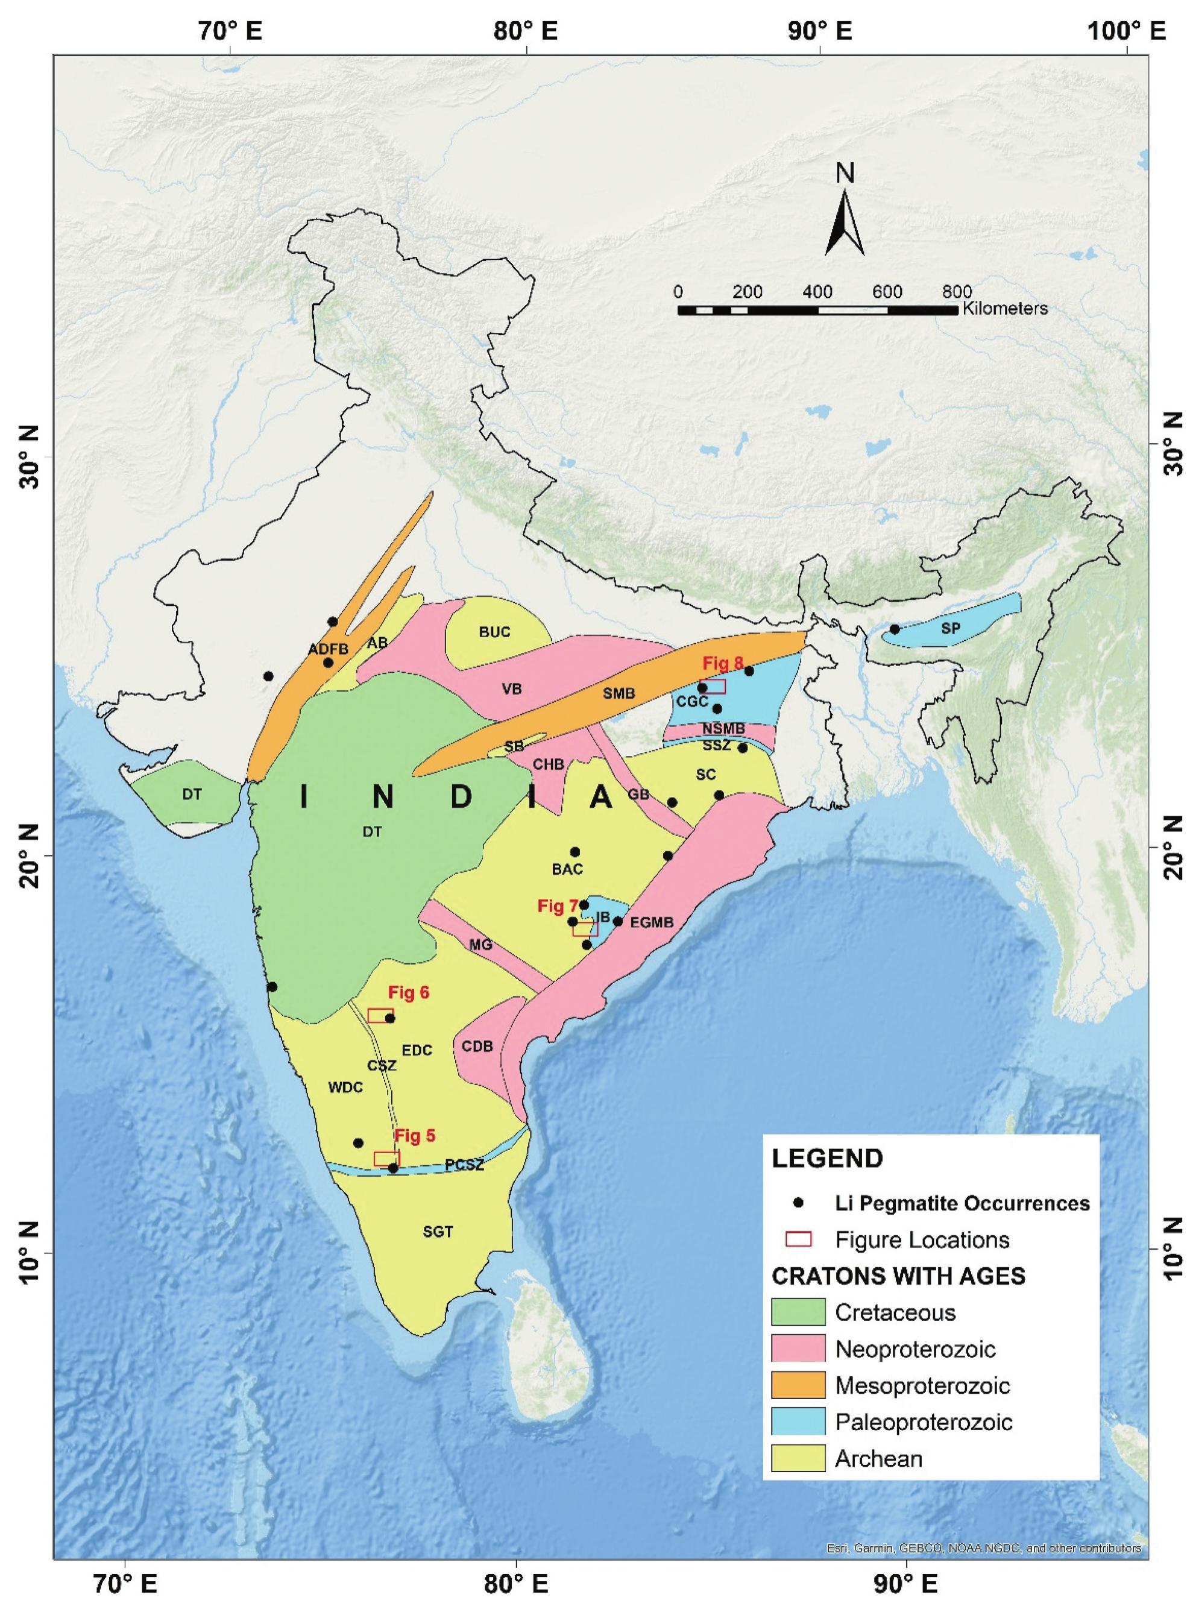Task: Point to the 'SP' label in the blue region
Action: pos(950,628)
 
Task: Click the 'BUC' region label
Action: pos(494,632)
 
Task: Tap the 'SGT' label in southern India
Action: pos(438,1232)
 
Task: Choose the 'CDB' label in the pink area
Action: pos(477,1045)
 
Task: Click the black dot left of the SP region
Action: pos(895,629)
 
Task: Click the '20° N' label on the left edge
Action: pos(32,854)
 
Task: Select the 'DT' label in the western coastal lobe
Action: pos(192,795)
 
